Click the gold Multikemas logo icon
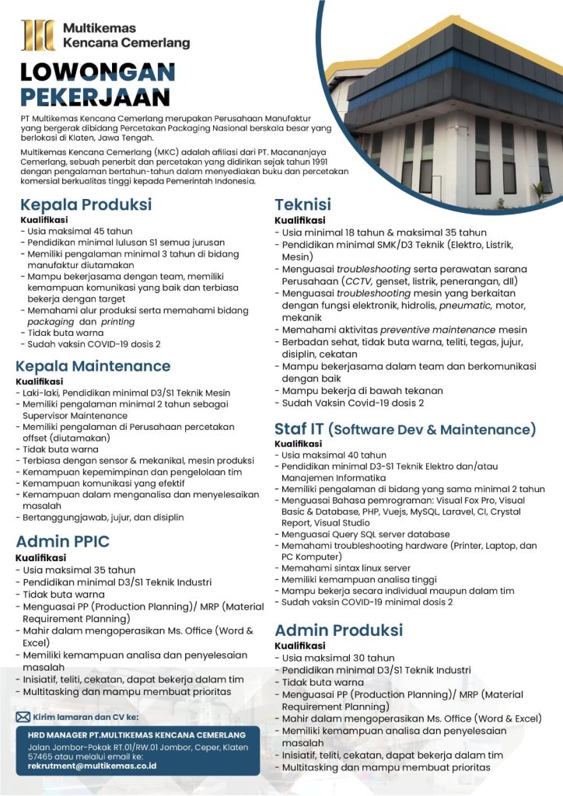pos(38,36)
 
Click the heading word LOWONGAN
pos(98,74)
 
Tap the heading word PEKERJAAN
pos(96,98)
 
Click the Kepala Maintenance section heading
pos(93,365)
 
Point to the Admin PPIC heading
pos(63,542)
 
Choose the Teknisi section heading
pos(303,205)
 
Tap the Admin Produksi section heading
pos(339,630)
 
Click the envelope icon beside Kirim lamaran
pos(23,717)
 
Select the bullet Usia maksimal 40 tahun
pos(334,456)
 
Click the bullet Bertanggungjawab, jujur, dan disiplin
pos(100,517)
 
